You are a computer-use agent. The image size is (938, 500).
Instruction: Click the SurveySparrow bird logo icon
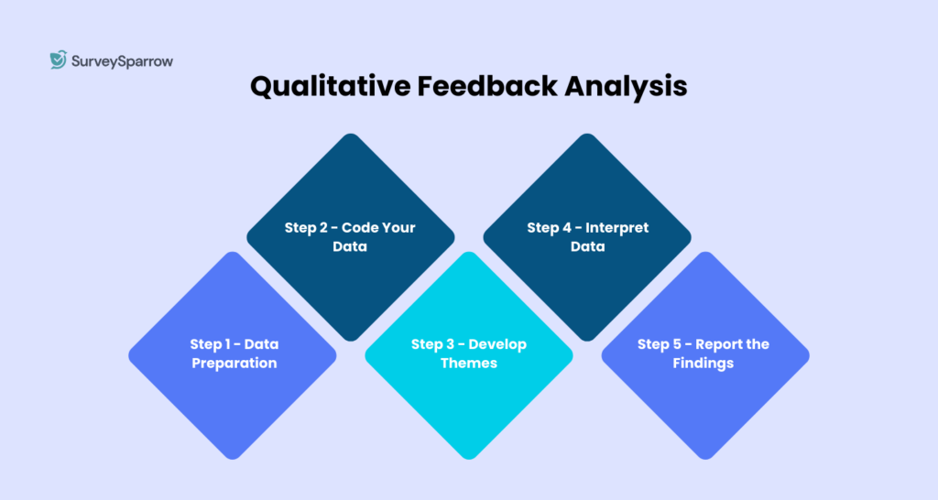point(58,60)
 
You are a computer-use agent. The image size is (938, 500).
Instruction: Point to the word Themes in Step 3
point(469,364)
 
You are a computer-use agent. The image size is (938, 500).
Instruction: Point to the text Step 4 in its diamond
point(547,227)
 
